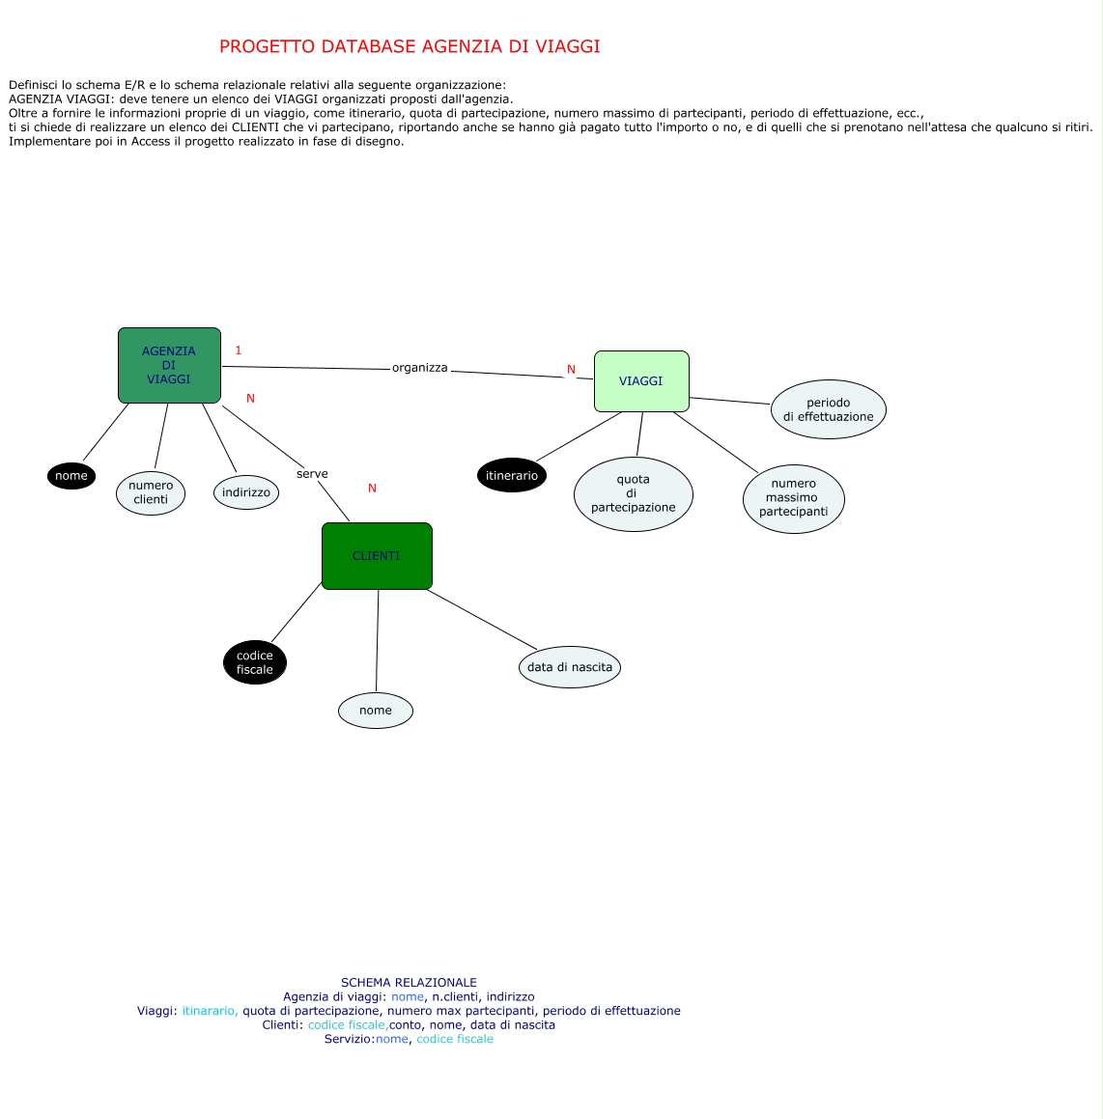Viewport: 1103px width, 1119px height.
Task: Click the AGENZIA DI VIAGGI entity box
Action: [x=169, y=365]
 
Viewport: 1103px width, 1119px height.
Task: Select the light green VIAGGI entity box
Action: [x=641, y=381]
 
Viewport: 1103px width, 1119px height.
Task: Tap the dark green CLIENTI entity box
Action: [x=377, y=556]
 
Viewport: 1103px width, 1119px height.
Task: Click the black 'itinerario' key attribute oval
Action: [x=512, y=475]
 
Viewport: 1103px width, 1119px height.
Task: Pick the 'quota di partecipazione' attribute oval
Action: [x=634, y=493]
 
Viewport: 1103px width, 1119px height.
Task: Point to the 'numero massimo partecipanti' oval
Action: [x=793, y=498]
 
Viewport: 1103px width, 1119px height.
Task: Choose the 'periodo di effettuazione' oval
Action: [x=829, y=409]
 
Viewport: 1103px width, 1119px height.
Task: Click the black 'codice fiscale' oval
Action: [x=255, y=662]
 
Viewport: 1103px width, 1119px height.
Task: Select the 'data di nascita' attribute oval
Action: [x=570, y=667]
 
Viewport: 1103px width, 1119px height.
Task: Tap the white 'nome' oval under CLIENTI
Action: [x=376, y=711]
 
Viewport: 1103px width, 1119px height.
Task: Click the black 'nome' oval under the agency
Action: [x=71, y=476]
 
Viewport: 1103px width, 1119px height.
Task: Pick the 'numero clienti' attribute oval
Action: [x=151, y=492]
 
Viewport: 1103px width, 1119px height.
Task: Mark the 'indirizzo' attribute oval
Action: [x=246, y=492]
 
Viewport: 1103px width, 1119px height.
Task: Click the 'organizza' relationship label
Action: [x=420, y=368]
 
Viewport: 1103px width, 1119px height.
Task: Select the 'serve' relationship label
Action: [x=312, y=474]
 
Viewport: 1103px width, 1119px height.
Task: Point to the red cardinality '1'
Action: [x=239, y=350]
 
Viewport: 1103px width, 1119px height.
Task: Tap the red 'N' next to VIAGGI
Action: [x=571, y=370]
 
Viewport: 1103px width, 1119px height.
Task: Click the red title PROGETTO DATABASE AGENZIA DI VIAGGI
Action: [x=410, y=46]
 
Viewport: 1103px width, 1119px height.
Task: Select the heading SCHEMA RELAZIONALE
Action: [x=409, y=983]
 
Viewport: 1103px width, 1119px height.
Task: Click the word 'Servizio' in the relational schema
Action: [x=348, y=1039]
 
